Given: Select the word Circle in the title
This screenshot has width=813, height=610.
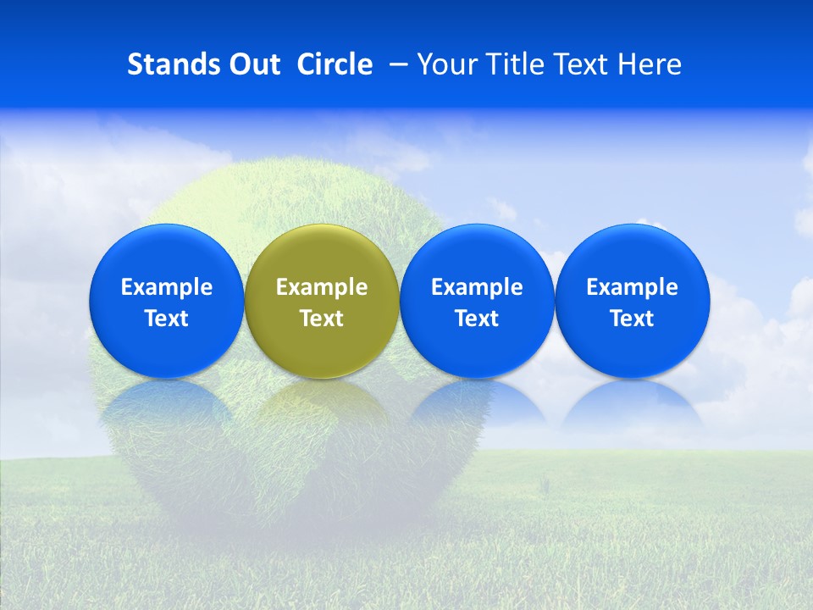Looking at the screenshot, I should [335, 64].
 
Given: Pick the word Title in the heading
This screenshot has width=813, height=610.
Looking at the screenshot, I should [512, 64].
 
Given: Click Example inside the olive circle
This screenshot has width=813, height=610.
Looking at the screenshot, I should [322, 287].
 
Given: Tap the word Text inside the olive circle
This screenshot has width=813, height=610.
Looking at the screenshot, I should [322, 319].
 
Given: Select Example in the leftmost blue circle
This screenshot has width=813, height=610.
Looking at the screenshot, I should [166, 287].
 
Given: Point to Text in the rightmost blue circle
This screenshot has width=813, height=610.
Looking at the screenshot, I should [632, 319].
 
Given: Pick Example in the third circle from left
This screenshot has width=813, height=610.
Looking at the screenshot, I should [477, 287].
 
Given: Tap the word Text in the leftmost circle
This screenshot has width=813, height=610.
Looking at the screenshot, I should [166, 319].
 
